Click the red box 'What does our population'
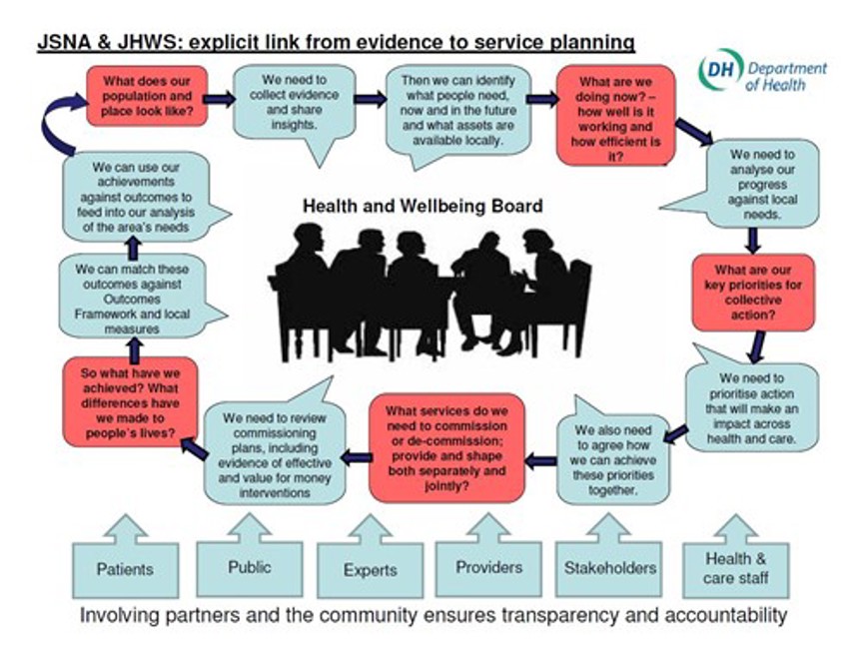pos(147,96)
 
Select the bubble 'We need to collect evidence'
pos(294,103)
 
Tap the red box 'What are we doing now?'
pos(615,115)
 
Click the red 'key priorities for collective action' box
pos(753,293)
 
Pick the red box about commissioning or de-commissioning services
pos(446,448)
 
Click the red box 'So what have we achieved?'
pos(130,401)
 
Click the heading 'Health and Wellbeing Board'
pos(423,207)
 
